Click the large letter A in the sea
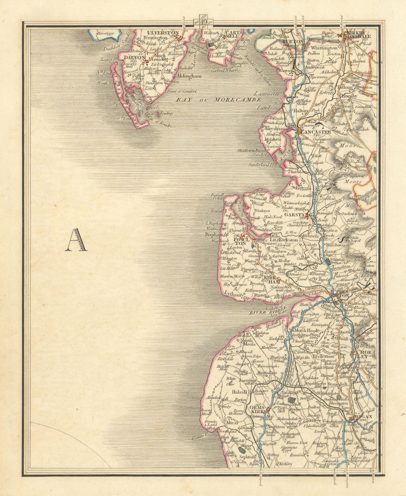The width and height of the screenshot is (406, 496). click(76, 240)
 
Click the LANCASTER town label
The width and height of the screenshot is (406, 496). click(316, 132)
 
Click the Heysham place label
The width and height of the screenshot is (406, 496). click(273, 127)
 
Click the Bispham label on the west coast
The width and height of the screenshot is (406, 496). click(214, 234)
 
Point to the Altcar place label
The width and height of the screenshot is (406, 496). click(232, 422)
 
